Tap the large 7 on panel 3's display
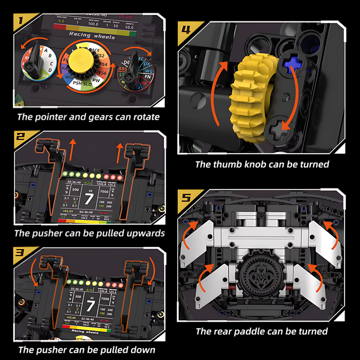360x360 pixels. [89, 305]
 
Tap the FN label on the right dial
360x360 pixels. [148, 77]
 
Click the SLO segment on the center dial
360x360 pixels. [87, 84]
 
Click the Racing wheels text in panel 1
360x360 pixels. [92, 35]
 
